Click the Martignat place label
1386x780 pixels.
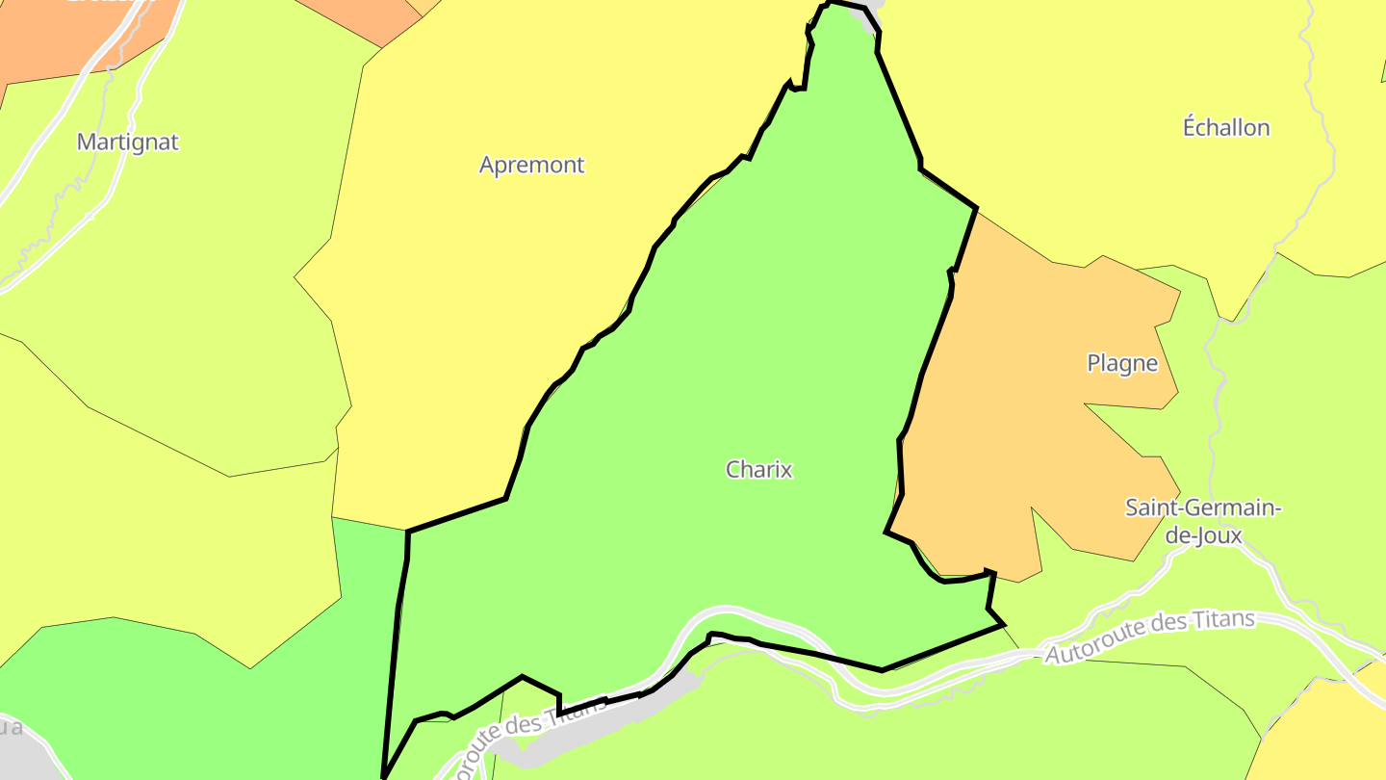128,143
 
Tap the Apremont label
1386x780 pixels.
531,165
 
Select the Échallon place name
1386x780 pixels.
1225,127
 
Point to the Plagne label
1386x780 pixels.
1121,363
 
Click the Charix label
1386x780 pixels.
758,469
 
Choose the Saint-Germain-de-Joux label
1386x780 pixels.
1203,521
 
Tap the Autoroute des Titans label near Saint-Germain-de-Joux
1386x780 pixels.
1150,637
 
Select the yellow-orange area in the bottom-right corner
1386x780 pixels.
1328,732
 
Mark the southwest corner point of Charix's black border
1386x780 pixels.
384,776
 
